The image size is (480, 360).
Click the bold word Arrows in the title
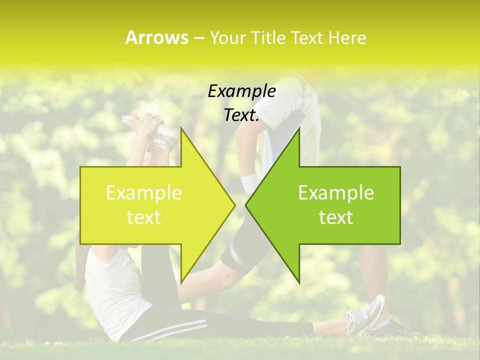click(x=156, y=37)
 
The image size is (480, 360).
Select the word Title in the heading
click(x=268, y=38)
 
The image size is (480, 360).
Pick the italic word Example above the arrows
click(x=241, y=91)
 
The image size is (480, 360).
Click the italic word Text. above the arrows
click(x=241, y=115)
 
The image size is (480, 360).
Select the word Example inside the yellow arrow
click(x=144, y=193)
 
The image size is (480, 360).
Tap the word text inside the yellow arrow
click(x=144, y=217)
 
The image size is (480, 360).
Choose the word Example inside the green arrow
click(x=336, y=193)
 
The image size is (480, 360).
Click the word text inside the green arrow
click(x=336, y=217)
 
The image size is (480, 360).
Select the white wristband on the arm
click(x=247, y=183)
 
